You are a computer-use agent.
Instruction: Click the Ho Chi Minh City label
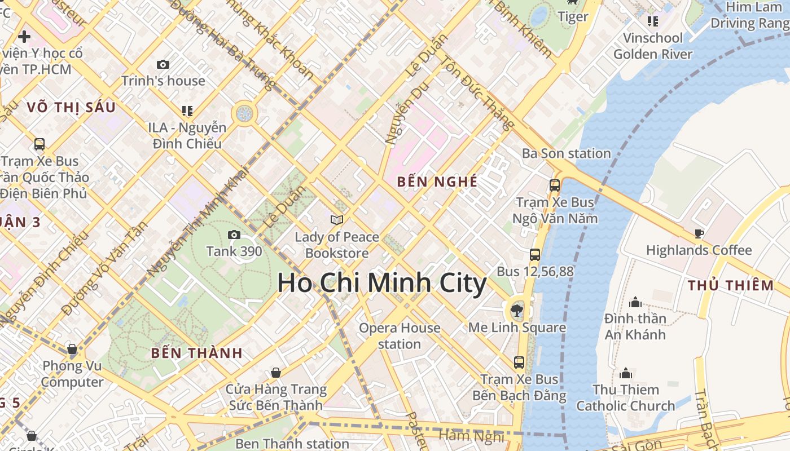pos(381,283)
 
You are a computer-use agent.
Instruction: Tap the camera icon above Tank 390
pos(234,235)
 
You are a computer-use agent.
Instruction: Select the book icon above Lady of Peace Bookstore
pos(337,220)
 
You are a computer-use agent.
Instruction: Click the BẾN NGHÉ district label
pos(437,182)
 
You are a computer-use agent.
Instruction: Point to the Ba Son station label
pos(566,153)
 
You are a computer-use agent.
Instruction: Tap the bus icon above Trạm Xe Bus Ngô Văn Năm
pos(555,185)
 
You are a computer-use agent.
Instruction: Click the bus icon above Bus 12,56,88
pos(535,255)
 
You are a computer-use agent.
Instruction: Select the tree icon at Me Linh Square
pos(516,309)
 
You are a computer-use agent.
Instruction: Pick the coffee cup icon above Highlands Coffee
pos(699,233)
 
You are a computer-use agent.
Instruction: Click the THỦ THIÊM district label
pos(730,285)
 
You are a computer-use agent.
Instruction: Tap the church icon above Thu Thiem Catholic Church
pos(625,373)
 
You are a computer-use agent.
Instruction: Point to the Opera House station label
pos(400,336)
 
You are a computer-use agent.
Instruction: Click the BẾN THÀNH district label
pos(196,353)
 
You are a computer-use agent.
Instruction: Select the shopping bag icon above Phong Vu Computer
pos(72,349)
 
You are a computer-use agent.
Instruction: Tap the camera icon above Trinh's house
pos(163,64)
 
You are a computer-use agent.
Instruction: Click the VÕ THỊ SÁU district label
pos(71,107)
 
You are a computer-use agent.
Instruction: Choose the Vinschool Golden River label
pos(652,46)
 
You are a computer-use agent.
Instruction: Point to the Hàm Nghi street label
pos(471,436)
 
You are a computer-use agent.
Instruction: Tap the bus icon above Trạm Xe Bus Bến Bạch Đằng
pos(519,362)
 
